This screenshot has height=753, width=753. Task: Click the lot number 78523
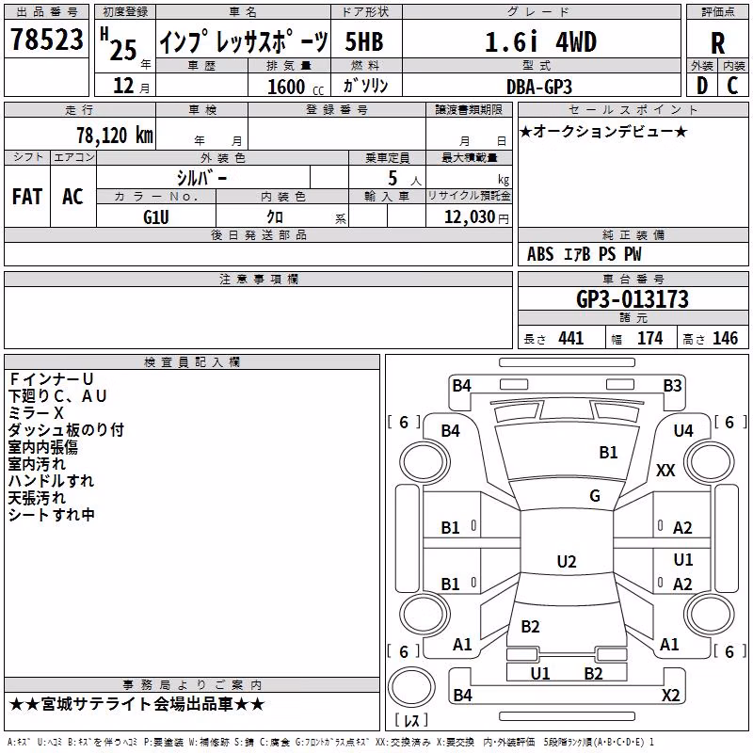(x=46, y=39)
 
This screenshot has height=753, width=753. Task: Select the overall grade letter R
(x=717, y=43)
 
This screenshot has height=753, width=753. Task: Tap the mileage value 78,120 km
(x=115, y=136)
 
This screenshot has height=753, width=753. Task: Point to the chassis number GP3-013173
(x=632, y=299)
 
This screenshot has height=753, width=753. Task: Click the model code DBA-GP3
(x=538, y=87)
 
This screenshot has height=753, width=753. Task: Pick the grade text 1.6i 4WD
(x=540, y=42)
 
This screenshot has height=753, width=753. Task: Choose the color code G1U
(x=156, y=217)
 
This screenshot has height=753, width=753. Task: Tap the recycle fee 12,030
(x=469, y=217)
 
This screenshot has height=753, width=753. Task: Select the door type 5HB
(x=364, y=41)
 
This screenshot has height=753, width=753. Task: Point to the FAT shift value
(x=27, y=197)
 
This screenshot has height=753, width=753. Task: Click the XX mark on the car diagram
(x=665, y=470)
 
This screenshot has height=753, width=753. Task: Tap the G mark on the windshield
(x=595, y=495)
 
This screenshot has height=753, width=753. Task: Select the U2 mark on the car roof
(x=567, y=561)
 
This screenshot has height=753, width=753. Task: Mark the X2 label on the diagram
(x=670, y=695)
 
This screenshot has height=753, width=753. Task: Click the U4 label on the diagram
(x=683, y=431)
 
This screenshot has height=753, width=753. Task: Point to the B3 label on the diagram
(x=672, y=386)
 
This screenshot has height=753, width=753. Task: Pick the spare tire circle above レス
(x=411, y=686)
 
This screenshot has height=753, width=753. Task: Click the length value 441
(x=571, y=338)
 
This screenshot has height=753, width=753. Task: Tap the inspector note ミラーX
(x=36, y=413)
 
